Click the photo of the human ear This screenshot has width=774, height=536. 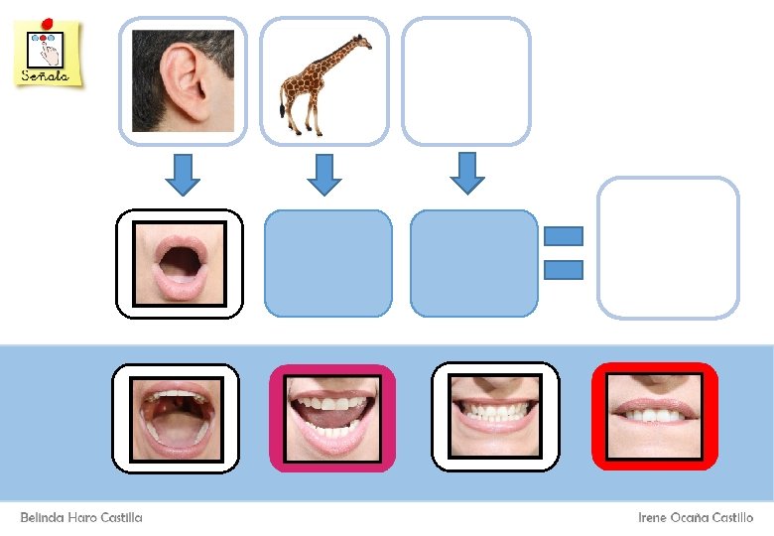coord(183,80)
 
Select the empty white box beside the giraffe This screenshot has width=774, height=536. coord(466,80)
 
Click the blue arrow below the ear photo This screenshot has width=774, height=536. coord(182,173)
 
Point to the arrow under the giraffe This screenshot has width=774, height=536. coord(323,173)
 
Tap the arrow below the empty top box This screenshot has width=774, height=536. coord(466,172)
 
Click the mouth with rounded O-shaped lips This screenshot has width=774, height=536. coord(180,263)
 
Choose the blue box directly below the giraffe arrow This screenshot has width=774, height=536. coord(328,263)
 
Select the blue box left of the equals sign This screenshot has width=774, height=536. coord(474,263)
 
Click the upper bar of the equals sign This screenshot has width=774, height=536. coord(563,236)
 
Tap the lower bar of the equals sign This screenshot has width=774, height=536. coord(563,269)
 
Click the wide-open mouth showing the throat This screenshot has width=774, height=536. coord(176,417)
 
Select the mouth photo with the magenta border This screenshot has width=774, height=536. coord(332,417)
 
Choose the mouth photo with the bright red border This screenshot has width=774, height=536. coord(654,416)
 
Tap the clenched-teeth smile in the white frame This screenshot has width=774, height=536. coord(495,416)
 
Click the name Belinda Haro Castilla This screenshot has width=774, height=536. coord(81,518)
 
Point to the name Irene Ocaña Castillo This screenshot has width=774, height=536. coord(696,518)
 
